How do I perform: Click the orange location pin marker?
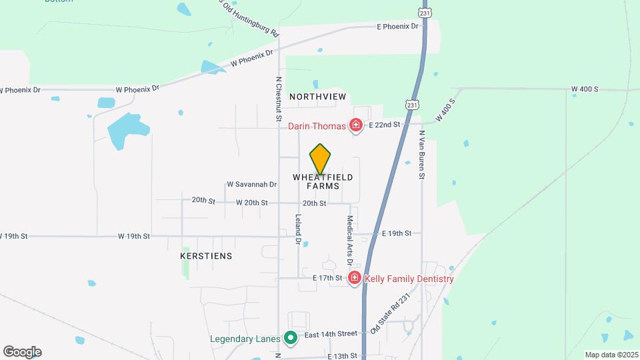321,159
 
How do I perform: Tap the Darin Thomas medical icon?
356,125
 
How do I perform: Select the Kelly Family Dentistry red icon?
355,278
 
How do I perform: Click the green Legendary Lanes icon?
290,338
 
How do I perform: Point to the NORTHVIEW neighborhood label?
318,97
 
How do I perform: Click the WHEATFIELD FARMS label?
323,181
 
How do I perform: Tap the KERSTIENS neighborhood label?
206,255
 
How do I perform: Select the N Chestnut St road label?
279,98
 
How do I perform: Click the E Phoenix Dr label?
397,27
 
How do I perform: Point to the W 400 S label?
585,89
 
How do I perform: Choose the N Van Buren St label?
422,155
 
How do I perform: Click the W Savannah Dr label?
251,184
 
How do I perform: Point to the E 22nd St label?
384,125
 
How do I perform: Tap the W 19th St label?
134,236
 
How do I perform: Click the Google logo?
22,351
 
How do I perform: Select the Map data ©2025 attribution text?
611,355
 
